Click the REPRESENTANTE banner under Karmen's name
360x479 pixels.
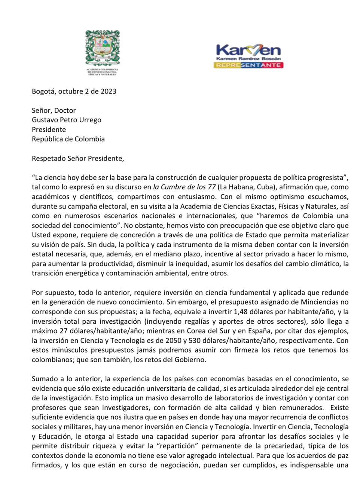[248, 65]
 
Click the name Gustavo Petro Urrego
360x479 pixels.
[66, 120]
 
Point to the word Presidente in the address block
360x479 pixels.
[49, 129]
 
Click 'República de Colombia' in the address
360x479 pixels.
[68, 139]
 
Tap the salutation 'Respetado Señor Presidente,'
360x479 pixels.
[78, 158]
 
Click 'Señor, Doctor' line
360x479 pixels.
[54, 110]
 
